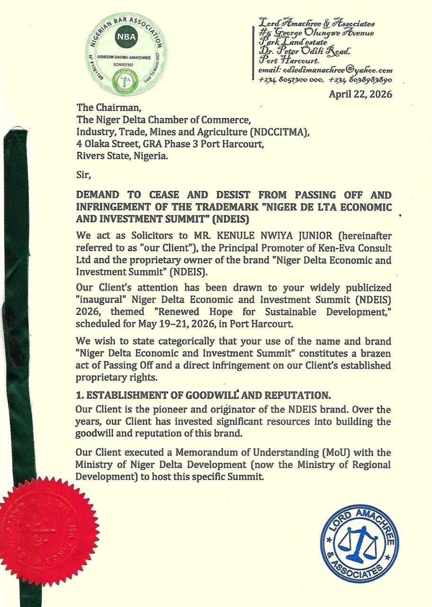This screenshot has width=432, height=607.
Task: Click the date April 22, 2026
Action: point(360,94)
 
